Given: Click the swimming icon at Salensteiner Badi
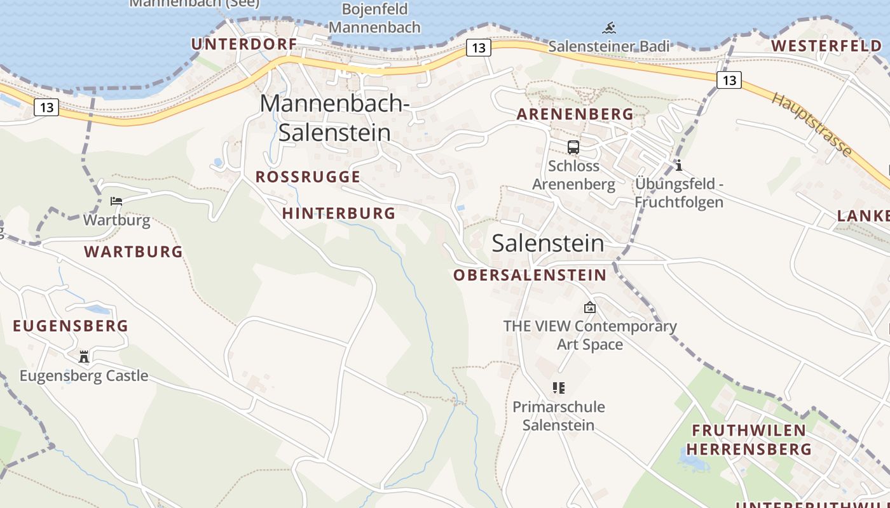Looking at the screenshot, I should pyautogui.click(x=610, y=28).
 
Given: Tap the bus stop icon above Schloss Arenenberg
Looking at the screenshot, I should pyautogui.click(x=573, y=147).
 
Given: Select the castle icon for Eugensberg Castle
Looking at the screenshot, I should pyautogui.click(x=84, y=356).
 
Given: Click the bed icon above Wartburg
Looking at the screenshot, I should pyautogui.click(x=116, y=201).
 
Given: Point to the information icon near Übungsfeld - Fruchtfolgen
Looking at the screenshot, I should pyautogui.click(x=679, y=166).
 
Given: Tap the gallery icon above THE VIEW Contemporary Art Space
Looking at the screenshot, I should pyautogui.click(x=590, y=307).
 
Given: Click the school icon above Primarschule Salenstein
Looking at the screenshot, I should pyautogui.click(x=559, y=387).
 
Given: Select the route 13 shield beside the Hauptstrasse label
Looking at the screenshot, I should pyautogui.click(x=729, y=80).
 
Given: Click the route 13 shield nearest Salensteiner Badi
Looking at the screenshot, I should pyautogui.click(x=479, y=48).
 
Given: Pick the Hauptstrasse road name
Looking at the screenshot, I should pyautogui.click(x=812, y=124).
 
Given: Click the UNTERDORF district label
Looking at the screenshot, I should pyautogui.click(x=244, y=44).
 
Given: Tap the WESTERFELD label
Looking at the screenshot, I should pyautogui.click(x=826, y=46).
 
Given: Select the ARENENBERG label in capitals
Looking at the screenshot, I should pyautogui.click(x=575, y=114).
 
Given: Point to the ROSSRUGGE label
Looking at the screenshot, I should pyautogui.click(x=308, y=177).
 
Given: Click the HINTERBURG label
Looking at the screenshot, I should pyautogui.click(x=339, y=213).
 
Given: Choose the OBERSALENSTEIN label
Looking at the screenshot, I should pyautogui.click(x=530, y=275).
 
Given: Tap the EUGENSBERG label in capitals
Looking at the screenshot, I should pyautogui.click(x=71, y=326).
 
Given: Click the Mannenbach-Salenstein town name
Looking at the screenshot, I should pyautogui.click(x=334, y=117).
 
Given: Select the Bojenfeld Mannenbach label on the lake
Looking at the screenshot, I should pyautogui.click(x=374, y=18).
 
